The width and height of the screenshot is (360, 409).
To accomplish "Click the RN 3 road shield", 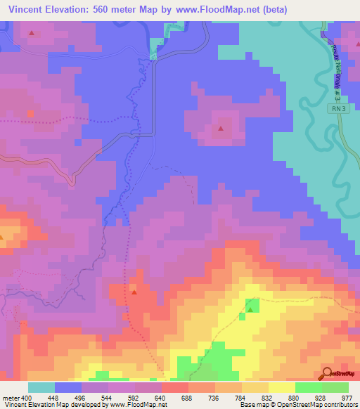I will pos(340,109).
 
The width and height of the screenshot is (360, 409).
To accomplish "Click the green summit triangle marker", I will pos(250,307).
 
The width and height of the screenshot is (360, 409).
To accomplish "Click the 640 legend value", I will pos(161,398).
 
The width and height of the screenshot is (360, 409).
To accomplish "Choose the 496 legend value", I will pos(81,398).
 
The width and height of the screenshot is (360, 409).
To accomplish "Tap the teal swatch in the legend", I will pos(41,387).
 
